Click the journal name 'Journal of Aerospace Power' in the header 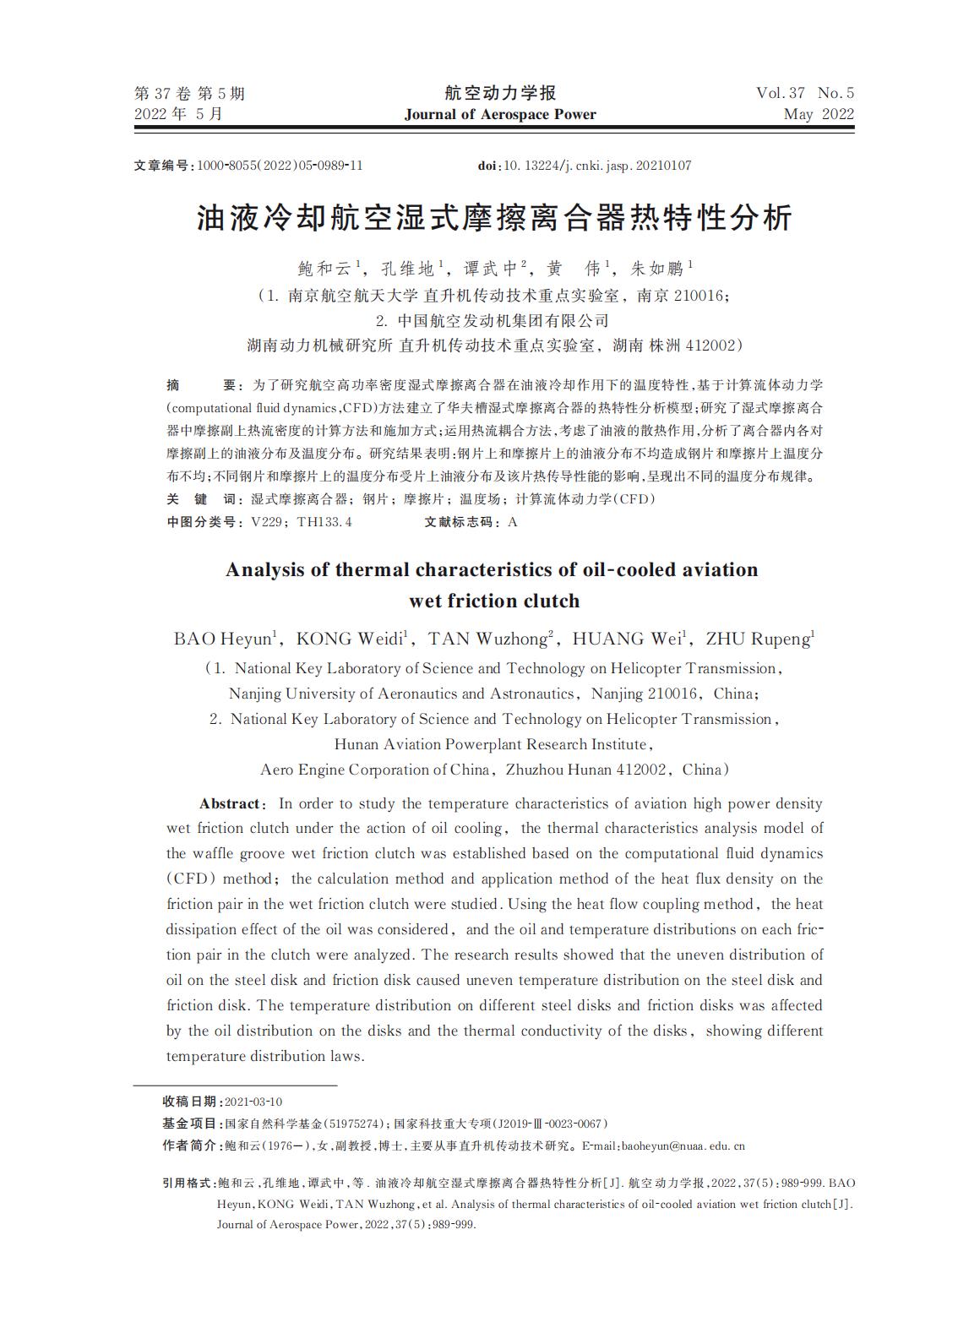(x=500, y=115)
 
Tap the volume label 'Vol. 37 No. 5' (x=805, y=93)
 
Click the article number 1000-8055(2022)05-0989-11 (x=280, y=166)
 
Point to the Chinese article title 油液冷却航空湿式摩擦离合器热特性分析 (x=494, y=219)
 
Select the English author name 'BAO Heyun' (x=221, y=639)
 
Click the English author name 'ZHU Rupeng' (x=758, y=639)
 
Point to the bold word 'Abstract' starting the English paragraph (x=229, y=803)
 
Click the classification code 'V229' (x=266, y=522)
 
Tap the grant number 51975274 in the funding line (x=354, y=1124)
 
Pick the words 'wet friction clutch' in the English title (x=494, y=601)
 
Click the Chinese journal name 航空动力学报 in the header (x=500, y=93)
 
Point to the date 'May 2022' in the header (x=819, y=115)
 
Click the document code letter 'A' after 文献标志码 (x=513, y=522)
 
